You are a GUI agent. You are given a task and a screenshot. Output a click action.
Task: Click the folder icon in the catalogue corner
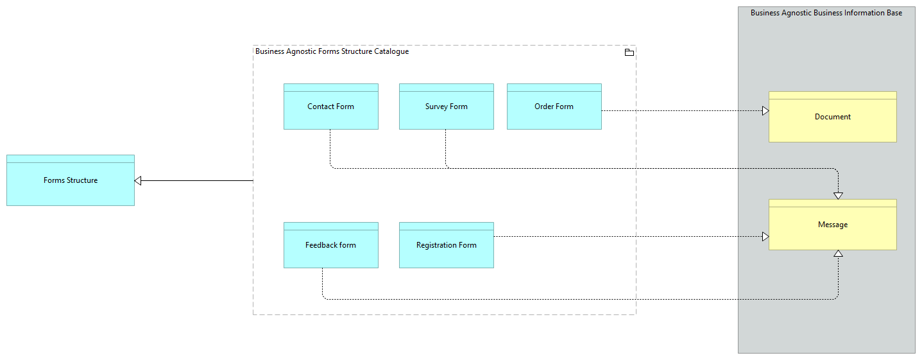pos(629,53)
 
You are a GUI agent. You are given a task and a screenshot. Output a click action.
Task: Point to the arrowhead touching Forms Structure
pos(138,180)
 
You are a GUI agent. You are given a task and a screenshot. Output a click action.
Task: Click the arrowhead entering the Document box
pos(765,111)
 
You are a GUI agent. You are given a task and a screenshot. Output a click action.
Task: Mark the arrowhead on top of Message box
pos(838,195)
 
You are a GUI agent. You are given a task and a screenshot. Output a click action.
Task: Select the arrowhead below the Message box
pos(838,253)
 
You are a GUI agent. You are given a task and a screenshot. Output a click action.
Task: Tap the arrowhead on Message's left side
pos(765,237)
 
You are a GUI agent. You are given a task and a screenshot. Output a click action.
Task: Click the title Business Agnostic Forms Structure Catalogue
pos(332,51)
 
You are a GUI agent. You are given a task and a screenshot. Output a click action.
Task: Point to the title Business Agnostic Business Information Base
pos(826,13)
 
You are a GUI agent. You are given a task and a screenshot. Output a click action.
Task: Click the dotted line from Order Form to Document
pos(680,111)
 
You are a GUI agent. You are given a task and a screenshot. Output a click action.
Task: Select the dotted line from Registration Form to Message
pos(629,237)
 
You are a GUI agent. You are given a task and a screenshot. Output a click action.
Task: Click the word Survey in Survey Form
pos(436,107)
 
